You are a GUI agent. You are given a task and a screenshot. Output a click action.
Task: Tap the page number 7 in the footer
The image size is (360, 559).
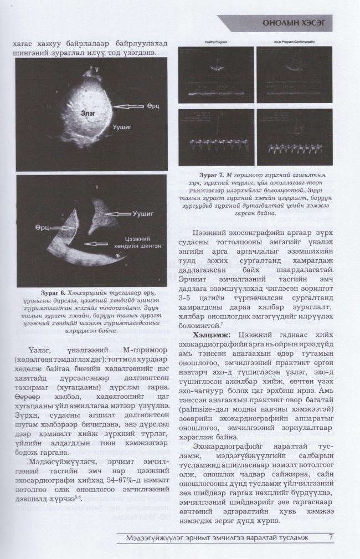click(331, 537)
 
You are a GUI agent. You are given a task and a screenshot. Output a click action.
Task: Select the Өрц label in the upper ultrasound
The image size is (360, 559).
click(154, 106)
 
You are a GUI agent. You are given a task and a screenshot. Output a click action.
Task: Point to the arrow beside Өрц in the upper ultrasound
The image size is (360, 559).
click(128, 106)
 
